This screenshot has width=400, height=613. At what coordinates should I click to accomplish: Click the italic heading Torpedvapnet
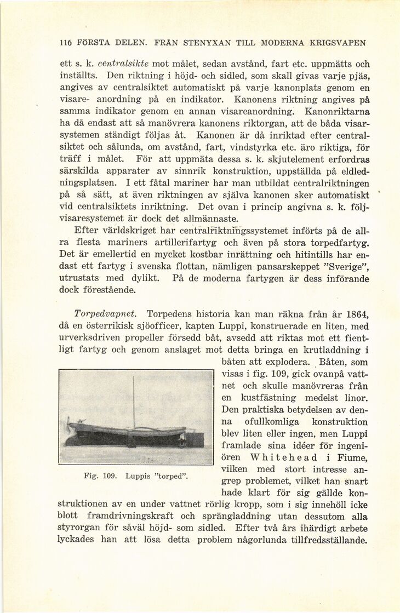click(103, 314)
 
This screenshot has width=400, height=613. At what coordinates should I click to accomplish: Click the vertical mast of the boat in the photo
click(134, 403)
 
